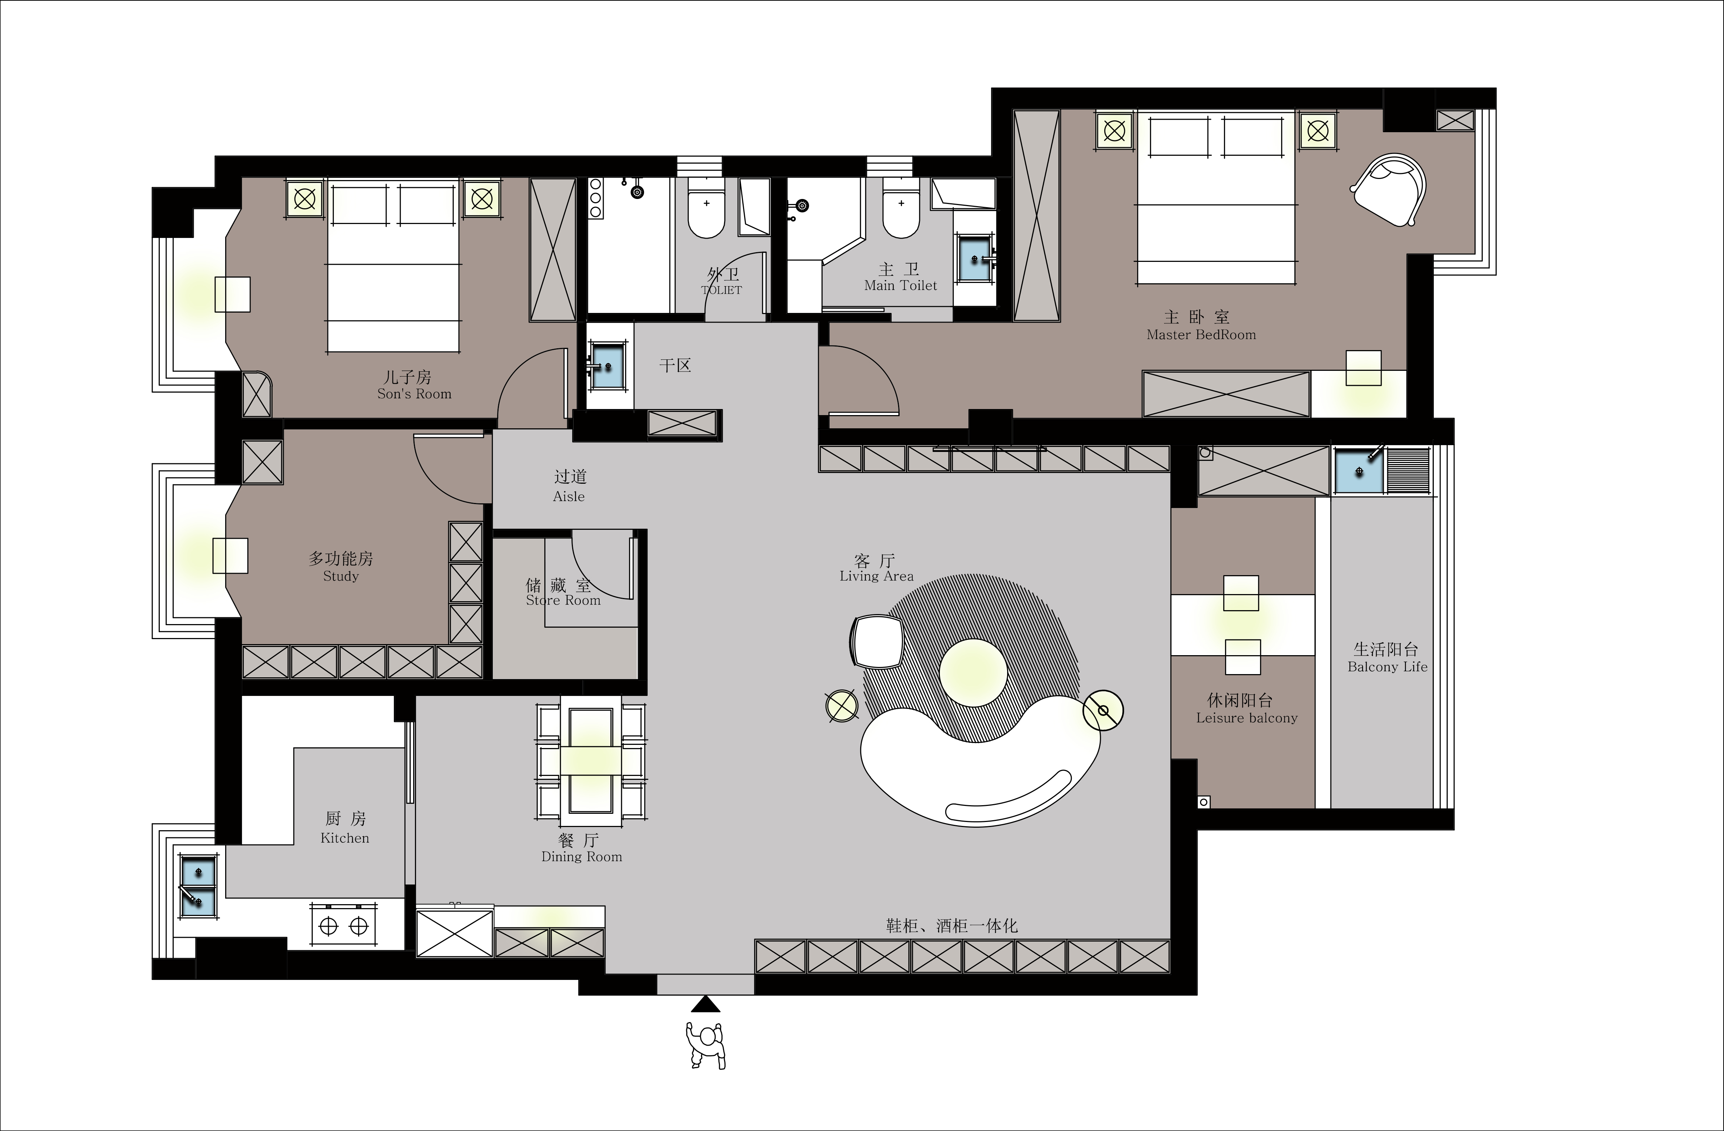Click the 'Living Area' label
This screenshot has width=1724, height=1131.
[x=877, y=576]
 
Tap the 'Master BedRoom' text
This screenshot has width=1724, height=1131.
[x=1201, y=334]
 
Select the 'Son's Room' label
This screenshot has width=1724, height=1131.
[x=414, y=394]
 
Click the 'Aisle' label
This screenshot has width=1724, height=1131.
[x=569, y=497]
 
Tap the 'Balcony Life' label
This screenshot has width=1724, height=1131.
[x=1387, y=667]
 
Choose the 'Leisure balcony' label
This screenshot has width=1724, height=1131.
[x=1247, y=718]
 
